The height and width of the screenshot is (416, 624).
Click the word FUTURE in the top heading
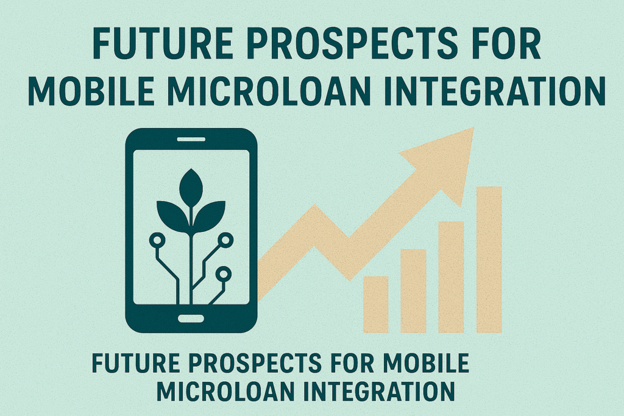point(163,43)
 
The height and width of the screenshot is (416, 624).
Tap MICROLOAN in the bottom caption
point(226,391)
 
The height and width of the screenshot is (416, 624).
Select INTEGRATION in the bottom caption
point(379,391)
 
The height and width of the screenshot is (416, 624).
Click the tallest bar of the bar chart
point(489,259)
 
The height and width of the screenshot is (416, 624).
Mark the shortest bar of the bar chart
point(375,305)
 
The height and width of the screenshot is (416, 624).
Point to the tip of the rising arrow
point(474,128)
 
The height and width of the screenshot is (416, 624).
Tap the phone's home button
point(191,319)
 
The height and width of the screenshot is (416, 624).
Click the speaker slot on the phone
point(191,139)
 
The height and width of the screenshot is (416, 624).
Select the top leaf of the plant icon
point(191,188)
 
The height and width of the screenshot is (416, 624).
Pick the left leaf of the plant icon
point(172,215)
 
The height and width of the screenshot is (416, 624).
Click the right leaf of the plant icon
point(210,215)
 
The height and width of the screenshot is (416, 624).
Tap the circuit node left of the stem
point(157,240)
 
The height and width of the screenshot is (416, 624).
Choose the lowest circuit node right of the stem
point(223,275)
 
